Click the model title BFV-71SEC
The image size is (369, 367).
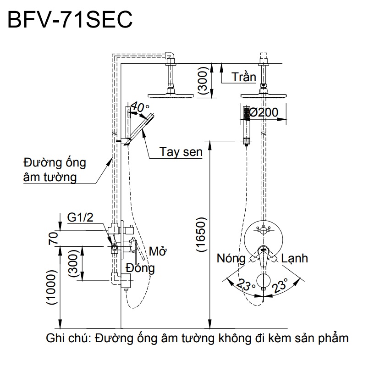click(x=68, y=20)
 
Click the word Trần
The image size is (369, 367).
click(x=244, y=77)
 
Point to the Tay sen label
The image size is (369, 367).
click(x=181, y=152)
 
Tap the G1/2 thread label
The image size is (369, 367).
click(x=80, y=217)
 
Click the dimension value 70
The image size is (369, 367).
click(x=54, y=239)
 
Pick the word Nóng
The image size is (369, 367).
click(x=231, y=259)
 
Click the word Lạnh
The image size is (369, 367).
click(x=294, y=259)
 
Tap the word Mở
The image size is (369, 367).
click(x=158, y=252)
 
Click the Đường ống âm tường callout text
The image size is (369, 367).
click(x=54, y=170)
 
